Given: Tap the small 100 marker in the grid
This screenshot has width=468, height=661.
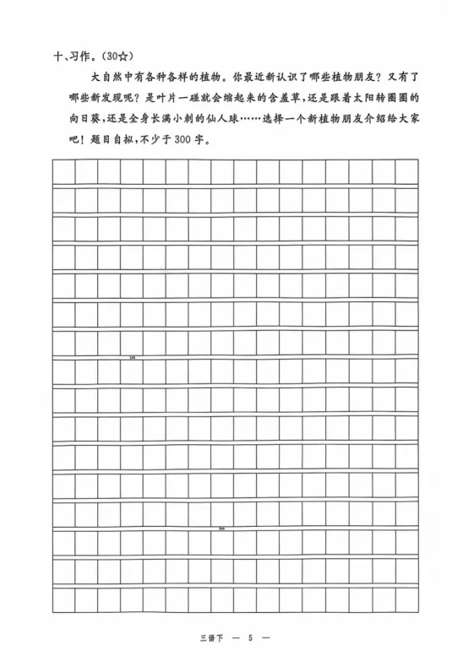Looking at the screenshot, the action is [x=133, y=358].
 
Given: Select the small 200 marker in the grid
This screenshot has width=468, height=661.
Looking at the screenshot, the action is [x=222, y=528].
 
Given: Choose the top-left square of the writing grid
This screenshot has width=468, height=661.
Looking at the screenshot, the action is [x=63, y=171].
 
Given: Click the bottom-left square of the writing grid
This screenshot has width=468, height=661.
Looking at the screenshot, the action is [x=63, y=599].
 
